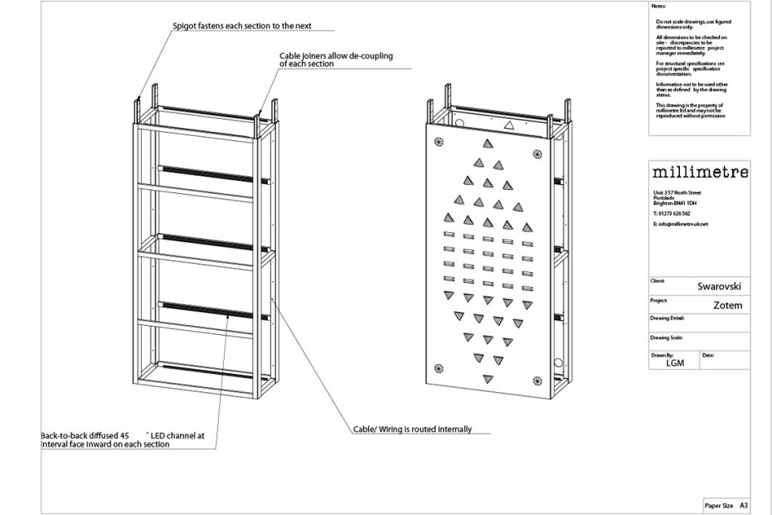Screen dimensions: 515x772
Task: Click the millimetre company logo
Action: [x=700, y=172]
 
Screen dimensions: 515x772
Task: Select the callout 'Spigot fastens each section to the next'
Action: [x=242, y=26]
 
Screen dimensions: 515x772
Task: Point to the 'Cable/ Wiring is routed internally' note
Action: [x=412, y=429]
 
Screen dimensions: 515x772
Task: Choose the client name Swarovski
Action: [x=719, y=287]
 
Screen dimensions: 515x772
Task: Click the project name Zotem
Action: [x=728, y=305]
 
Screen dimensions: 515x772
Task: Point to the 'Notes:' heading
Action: [x=658, y=6]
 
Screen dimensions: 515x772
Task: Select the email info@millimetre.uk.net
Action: [x=682, y=224]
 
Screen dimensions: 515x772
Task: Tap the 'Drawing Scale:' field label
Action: [x=666, y=337]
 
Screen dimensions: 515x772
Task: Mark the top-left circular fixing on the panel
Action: [x=438, y=140]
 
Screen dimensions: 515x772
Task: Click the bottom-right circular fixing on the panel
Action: [x=536, y=379]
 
